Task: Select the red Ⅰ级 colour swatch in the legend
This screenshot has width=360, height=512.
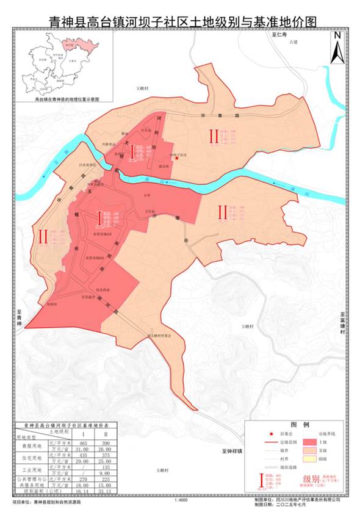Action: click(x=309, y=441)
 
